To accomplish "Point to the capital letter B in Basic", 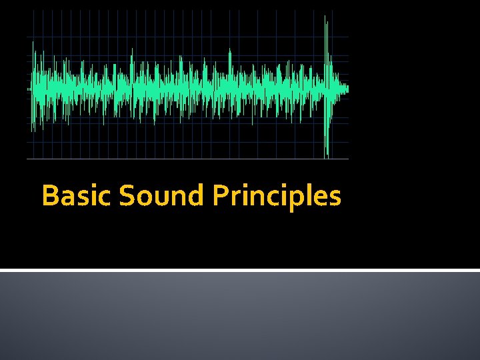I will point(49,196).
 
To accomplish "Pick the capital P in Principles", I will point(220,196).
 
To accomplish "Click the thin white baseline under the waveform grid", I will point(187,159).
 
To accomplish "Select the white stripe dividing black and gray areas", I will point(240,270).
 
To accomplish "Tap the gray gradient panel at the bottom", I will point(240,317).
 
